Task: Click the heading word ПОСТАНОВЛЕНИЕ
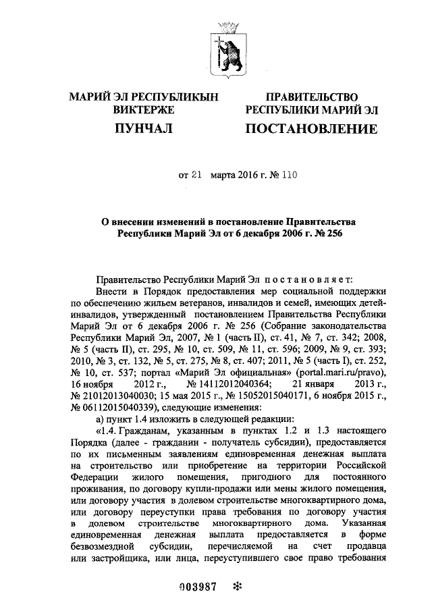[311, 129]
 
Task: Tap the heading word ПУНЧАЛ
[144, 128]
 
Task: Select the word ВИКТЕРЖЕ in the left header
[144, 109]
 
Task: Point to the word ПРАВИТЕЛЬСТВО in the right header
[311, 97]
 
